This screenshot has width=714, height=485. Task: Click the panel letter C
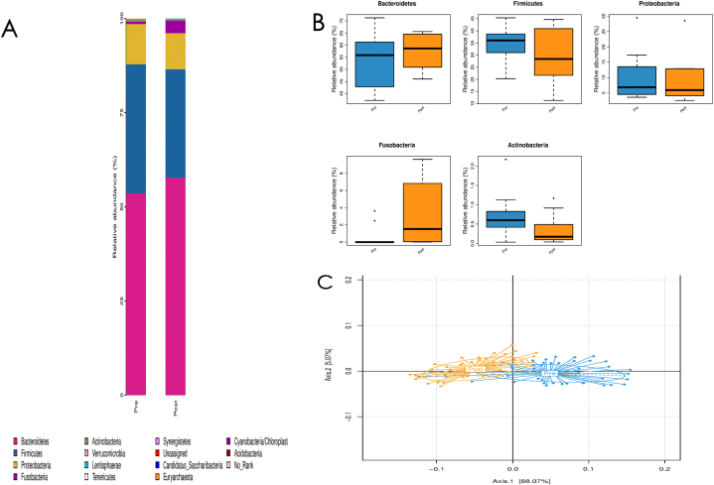[x=324, y=281]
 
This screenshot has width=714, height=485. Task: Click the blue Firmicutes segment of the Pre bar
[x=136, y=129]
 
